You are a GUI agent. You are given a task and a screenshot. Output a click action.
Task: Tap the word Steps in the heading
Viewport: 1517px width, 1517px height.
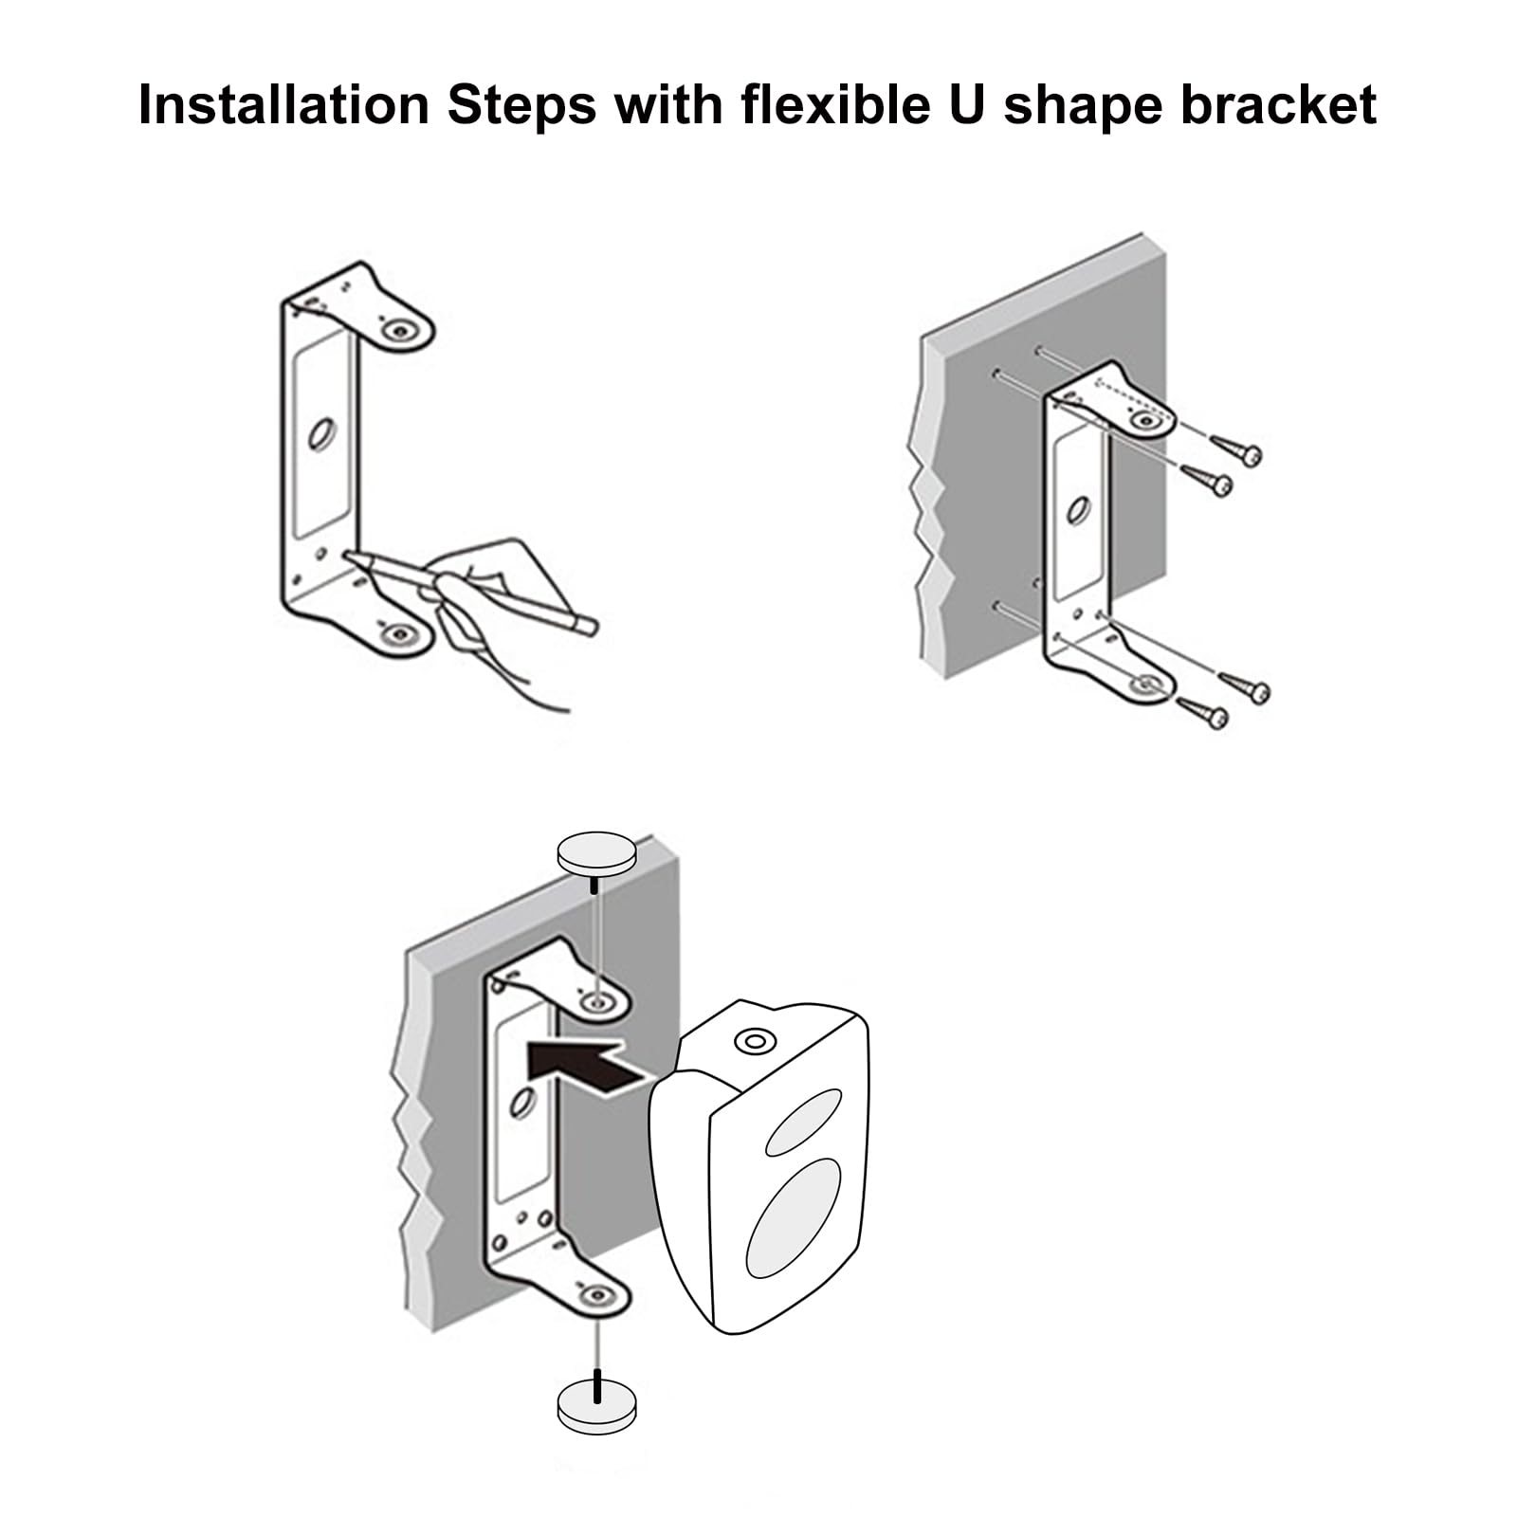(x=522, y=106)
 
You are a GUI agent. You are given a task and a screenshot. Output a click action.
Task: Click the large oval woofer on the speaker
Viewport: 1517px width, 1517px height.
(x=794, y=1217)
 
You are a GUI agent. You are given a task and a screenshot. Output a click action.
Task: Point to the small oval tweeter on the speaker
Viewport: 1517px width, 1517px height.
(x=803, y=1122)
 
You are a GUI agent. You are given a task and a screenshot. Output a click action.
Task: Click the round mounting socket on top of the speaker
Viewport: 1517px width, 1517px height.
(x=756, y=1042)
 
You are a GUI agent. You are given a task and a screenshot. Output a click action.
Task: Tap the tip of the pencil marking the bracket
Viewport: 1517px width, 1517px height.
(x=347, y=556)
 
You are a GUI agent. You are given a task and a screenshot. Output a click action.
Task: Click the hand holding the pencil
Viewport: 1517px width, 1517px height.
(x=493, y=607)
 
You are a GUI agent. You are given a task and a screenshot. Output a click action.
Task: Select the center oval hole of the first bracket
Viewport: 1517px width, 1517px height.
(x=322, y=434)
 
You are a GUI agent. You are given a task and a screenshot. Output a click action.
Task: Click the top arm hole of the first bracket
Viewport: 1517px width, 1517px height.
(x=399, y=331)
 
